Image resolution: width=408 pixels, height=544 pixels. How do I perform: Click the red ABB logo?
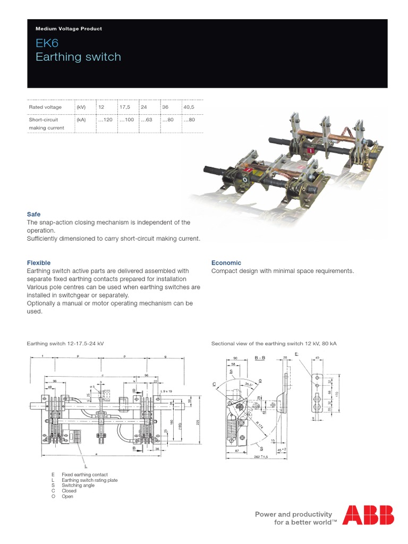pyautogui.click(x=368, y=515)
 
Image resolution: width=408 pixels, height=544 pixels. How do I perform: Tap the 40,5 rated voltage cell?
pyautogui.click(x=189, y=107)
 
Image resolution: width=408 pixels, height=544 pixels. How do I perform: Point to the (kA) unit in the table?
pyautogui.click(x=81, y=120)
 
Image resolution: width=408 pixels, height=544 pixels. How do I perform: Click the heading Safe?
pyautogui.click(x=33, y=214)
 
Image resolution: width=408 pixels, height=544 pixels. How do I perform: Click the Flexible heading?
pyautogui.click(x=39, y=262)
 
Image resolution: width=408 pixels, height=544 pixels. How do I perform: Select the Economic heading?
pyautogui.click(x=226, y=262)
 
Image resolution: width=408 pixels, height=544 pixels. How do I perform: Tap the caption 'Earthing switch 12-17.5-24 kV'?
pyautogui.click(x=65, y=344)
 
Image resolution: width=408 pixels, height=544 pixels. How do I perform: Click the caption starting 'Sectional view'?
pyautogui.click(x=274, y=344)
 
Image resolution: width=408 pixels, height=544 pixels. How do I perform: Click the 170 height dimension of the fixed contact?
pyautogui.click(x=336, y=394)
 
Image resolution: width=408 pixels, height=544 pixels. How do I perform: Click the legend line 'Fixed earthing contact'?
pyautogui.click(x=84, y=474)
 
